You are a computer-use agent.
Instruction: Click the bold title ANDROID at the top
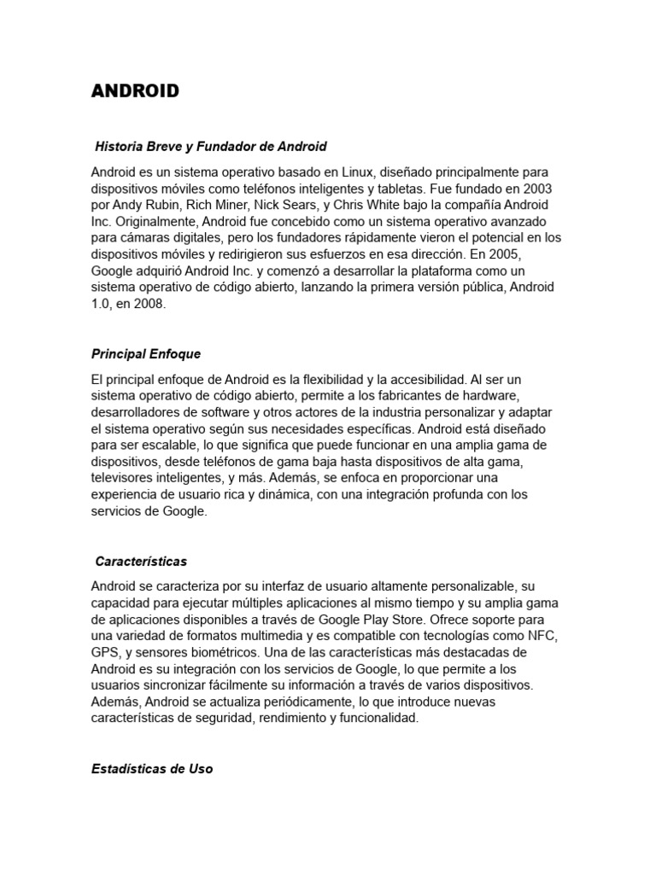pos(135,91)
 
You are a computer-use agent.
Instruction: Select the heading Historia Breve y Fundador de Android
pos(211,147)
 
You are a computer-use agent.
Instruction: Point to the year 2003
pos(536,189)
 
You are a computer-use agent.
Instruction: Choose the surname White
pos(388,206)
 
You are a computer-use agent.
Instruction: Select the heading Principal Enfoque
pos(146,353)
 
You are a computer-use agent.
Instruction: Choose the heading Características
pos(142,562)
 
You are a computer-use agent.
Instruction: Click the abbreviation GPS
pos(106,653)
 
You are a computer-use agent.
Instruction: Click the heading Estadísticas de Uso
pos(152,768)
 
